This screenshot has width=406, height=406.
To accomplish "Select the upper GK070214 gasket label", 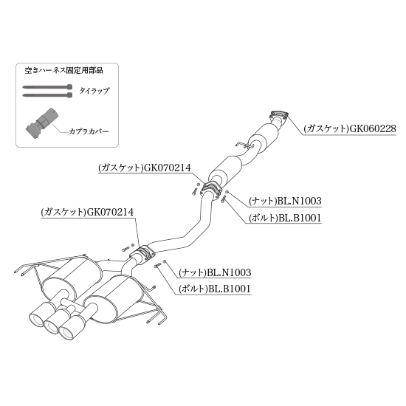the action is tap(145, 168).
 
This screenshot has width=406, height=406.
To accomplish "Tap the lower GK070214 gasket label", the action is tap(87, 212).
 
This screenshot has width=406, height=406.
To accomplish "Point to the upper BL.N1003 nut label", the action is tap(285, 201).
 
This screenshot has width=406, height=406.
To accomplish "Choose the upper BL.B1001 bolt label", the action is tap(285, 218).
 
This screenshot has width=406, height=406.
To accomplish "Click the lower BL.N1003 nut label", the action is tap(215, 272).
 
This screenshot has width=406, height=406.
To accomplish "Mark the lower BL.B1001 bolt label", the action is tap(215, 289).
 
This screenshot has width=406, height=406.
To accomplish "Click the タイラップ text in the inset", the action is tap(94, 91).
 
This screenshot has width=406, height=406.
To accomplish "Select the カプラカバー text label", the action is tap(89, 131).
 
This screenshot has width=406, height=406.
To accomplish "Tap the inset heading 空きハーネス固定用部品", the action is tap(63, 70).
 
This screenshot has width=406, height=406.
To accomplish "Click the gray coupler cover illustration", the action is tap(42, 123).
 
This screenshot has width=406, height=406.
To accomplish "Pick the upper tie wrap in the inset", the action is tap(47, 87).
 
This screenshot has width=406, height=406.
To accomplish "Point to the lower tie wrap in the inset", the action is tap(47, 95).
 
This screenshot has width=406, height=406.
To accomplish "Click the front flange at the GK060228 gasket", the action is tap(279, 114).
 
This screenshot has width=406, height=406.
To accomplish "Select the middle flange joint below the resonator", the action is tap(211, 189).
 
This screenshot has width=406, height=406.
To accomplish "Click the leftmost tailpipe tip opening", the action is tap(37, 318).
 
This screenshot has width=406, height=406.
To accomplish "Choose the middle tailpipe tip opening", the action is tap(52, 326).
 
